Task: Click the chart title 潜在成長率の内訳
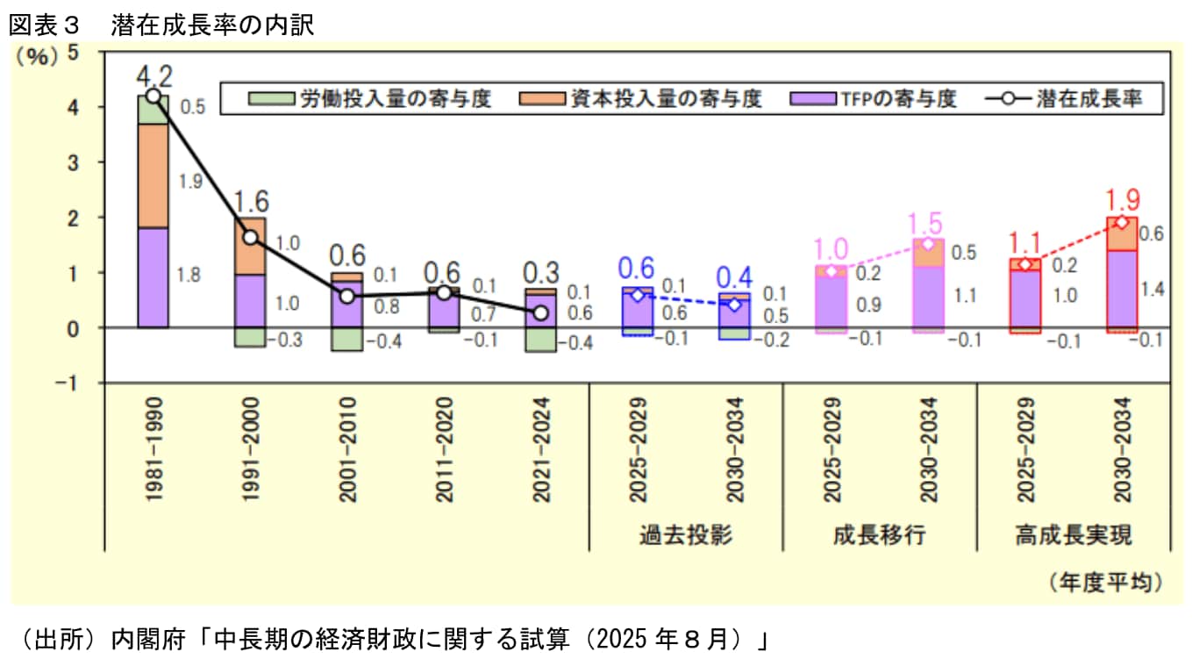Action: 212,25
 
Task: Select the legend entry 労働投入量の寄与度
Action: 369,98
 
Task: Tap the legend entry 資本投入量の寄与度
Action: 639,98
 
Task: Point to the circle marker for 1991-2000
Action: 251,238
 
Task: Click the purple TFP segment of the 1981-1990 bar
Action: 153,277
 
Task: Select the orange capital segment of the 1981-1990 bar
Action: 153,175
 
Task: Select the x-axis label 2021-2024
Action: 540,450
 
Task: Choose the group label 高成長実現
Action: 1073,534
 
